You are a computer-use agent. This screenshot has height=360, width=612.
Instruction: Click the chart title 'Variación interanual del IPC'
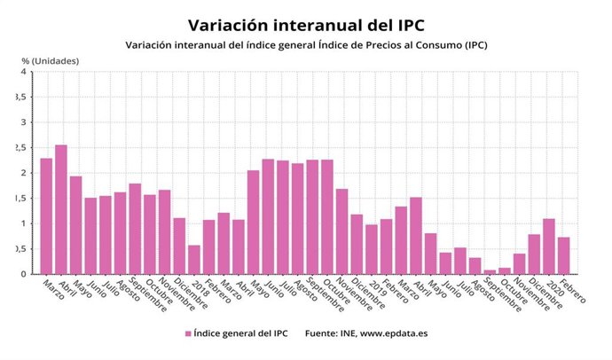click(306, 23)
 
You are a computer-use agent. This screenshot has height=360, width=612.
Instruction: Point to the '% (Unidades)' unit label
click(51, 60)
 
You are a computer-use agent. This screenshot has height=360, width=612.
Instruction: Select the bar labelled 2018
click(193, 259)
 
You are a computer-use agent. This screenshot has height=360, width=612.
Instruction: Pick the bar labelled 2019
click(371, 249)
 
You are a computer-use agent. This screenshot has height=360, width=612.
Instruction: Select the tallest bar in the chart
click(61, 209)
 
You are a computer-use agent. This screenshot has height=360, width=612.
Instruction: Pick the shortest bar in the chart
click(490, 271)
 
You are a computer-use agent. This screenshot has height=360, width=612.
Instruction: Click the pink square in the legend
click(188, 333)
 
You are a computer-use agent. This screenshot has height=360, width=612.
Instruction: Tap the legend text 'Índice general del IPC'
click(239, 333)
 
